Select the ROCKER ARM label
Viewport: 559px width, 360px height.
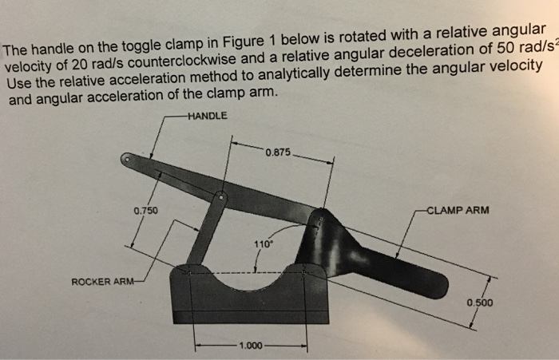(101, 282)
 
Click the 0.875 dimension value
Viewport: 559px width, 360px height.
(280, 152)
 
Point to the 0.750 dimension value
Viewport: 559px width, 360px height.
(145, 211)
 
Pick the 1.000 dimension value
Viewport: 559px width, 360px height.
(250, 346)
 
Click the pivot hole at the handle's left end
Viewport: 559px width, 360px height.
(126, 160)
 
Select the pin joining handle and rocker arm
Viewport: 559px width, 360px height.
(222, 195)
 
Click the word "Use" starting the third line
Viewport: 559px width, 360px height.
(18, 85)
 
